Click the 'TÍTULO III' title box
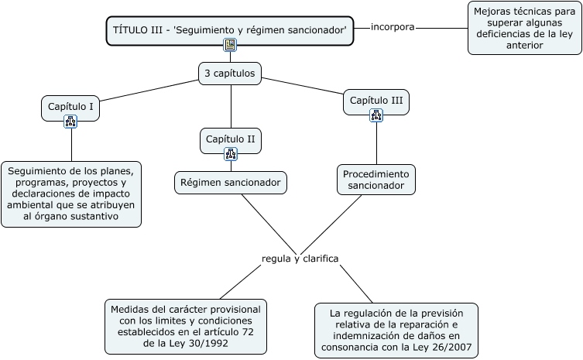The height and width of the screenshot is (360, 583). (x=229, y=30)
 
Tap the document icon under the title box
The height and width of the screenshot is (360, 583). (x=230, y=45)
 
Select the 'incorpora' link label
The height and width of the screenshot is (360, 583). (x=393, y=27)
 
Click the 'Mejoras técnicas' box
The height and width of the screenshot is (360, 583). (x=525, y=28)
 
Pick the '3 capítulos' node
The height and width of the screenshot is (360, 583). (x=231, y=74)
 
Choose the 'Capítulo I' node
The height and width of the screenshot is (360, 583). (x=70, y=107)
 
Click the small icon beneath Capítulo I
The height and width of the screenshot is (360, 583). (x=70, y=121)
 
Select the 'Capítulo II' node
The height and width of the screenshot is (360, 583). (x=231, y=139)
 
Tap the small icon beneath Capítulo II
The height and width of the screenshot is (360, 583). (x=231, y=153)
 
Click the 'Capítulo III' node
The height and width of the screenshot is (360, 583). (x=376, y=101)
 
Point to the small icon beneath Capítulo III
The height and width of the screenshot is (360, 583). (x=376, y=115)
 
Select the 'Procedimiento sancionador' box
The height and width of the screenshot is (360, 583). (x=376, y=179)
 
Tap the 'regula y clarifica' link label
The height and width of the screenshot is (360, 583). (x=300, y=258)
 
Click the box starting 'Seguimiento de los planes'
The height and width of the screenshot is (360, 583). (x=71, y=194)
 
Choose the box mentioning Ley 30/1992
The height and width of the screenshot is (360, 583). (x=186, y=327)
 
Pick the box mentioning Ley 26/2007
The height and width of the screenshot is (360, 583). (x=396, y=331)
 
